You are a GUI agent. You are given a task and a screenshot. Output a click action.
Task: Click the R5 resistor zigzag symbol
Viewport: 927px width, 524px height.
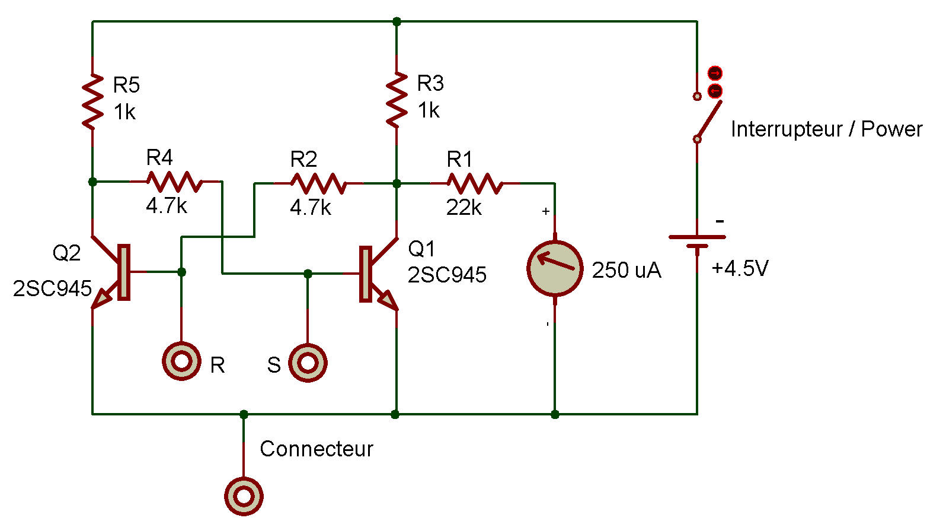pos(92,101)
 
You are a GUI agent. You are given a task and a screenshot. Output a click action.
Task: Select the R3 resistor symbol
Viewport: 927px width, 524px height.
pos(397,100)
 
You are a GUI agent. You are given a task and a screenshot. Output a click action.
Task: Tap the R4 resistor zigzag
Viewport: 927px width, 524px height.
pos(175,182)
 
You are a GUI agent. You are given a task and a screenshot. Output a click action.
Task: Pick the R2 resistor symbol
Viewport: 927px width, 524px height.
pos(318,183)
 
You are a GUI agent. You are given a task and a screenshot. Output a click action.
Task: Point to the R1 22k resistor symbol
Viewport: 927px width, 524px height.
pos(475,183)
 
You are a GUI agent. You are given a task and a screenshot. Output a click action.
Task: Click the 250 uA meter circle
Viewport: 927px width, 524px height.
pos(555,268)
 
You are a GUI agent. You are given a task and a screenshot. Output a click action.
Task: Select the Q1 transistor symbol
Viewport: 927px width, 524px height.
pos(378,274)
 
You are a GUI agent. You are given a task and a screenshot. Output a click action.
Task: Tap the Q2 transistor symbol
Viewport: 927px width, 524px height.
pos(111,272)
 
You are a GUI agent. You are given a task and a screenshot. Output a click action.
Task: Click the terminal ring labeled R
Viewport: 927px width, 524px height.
pos(182,361)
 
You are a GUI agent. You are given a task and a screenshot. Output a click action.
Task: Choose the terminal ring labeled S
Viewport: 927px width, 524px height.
pos(308,363)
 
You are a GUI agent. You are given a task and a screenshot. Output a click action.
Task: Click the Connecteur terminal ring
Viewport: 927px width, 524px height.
pos(244,496)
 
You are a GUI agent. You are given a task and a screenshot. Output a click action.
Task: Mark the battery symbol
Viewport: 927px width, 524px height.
pos(697,242)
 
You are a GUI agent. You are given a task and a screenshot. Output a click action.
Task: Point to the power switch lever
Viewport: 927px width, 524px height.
pos(709,120)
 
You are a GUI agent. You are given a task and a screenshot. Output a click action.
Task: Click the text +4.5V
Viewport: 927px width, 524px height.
pos(740,268)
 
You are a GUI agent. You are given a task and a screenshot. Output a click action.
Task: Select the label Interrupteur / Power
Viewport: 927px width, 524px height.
pos(826,129)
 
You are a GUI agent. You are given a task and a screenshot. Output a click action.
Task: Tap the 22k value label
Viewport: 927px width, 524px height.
pos(464,207)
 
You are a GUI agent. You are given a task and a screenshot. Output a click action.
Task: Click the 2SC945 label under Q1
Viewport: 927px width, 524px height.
pos(447,275)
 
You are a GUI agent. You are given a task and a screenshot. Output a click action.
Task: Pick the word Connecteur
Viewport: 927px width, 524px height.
pos(317,449)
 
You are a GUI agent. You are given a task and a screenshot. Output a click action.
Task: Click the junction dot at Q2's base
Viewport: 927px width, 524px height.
pos(181,272)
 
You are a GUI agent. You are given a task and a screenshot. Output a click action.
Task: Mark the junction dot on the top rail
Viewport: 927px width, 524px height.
pos(397,21)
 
